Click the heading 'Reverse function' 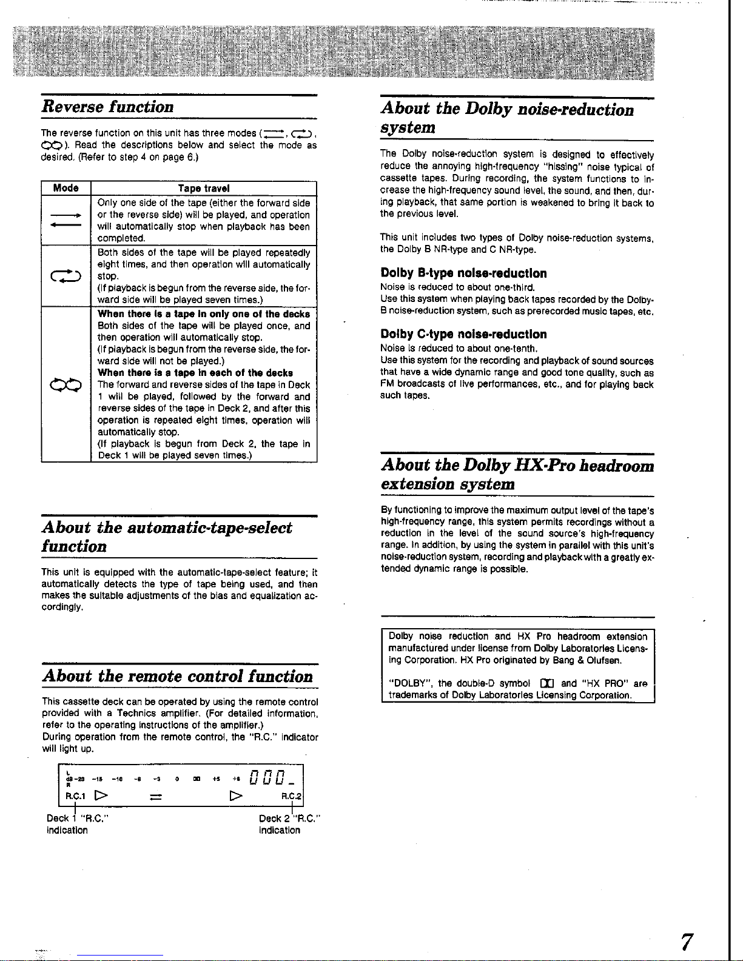[107, 107]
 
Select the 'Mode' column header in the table [66, 188]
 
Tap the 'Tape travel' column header [204, 189]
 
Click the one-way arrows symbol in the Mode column [66, 219]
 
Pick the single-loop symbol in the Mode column [66, 276]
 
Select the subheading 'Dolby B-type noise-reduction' [463, 273]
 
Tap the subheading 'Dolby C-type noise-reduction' [463, 334]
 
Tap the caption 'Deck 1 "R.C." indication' [76, 824]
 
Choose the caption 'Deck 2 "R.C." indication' [289, 824]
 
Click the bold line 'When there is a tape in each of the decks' [195, 373]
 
